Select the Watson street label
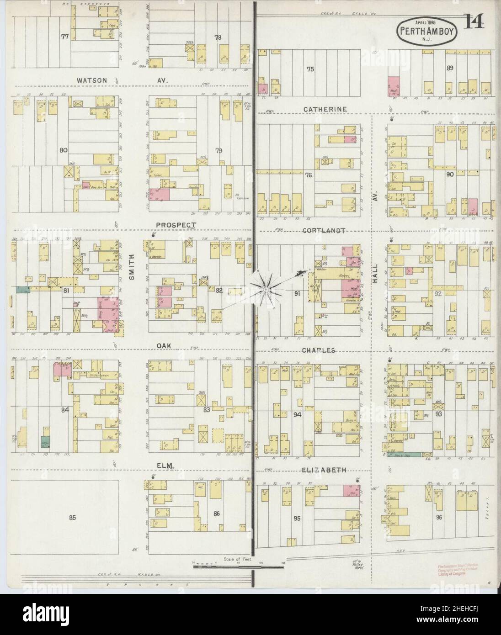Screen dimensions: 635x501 pyautogui.click(x=92, y=80)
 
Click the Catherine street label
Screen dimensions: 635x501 pyautogui.click(x=324, y=109)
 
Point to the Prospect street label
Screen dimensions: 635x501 pyautogui.click(x=176, y=225)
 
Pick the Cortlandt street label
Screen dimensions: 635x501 pyautogui.click(x=323, y=231)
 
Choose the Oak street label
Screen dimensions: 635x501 pyautogui.click(x=164, y=346)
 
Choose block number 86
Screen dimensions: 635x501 pyautogui.click(x=216, y=513)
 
